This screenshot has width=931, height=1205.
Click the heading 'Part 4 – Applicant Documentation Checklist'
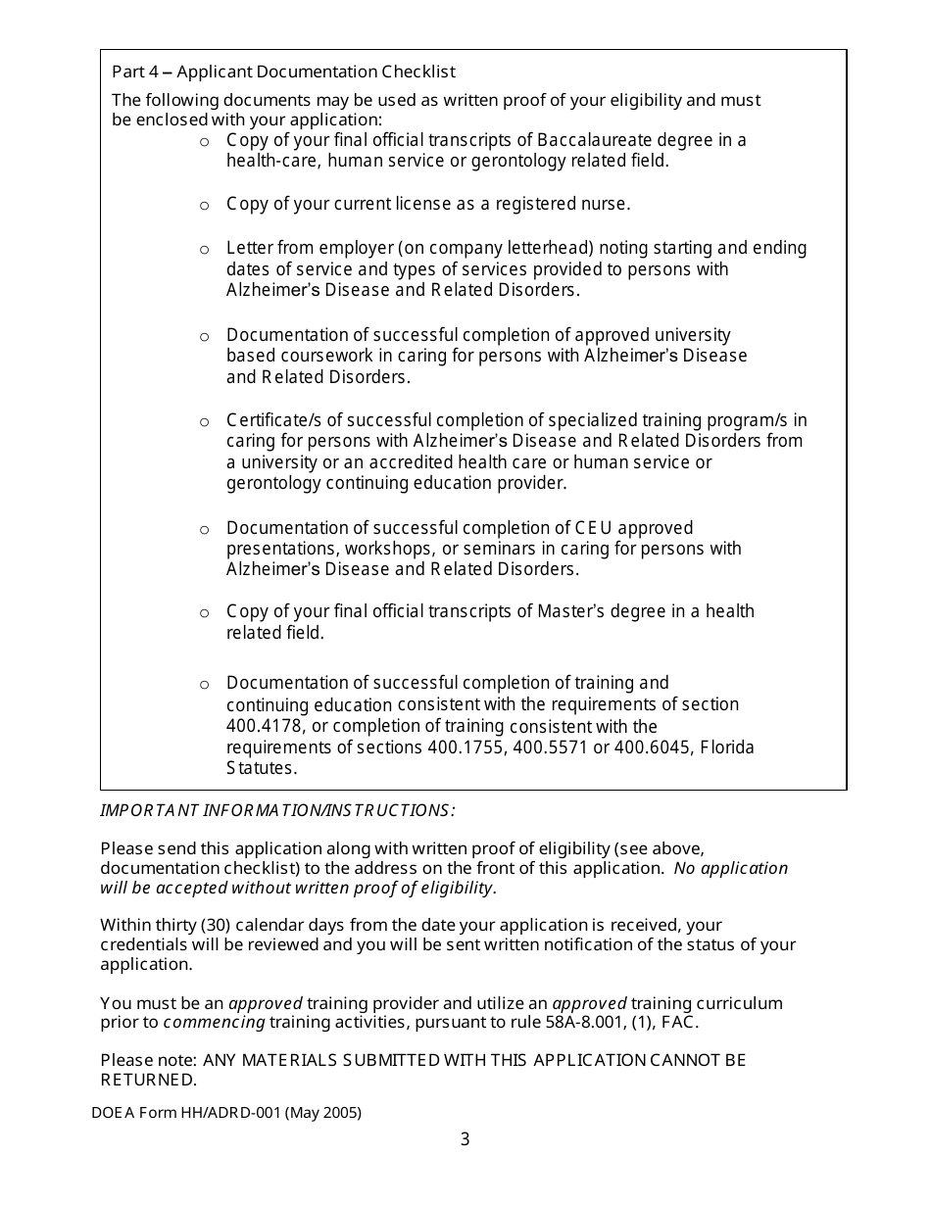coord(283,72)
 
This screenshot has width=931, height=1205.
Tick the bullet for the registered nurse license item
coord(205,206)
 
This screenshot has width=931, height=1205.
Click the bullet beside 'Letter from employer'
coord(205,250)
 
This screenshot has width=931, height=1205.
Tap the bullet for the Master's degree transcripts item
coord(205,613)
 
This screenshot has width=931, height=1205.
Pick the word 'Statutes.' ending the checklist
coord(262,768)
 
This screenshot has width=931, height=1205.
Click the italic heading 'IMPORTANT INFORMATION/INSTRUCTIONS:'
coord(277,810)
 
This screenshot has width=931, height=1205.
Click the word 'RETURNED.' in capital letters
coord(149,1080)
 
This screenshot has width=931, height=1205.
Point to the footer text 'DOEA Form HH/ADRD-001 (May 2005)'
coord(226,1113)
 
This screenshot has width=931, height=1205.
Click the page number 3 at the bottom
coord(465,1139)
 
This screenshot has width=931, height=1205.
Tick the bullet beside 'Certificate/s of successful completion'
coord(205,422)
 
